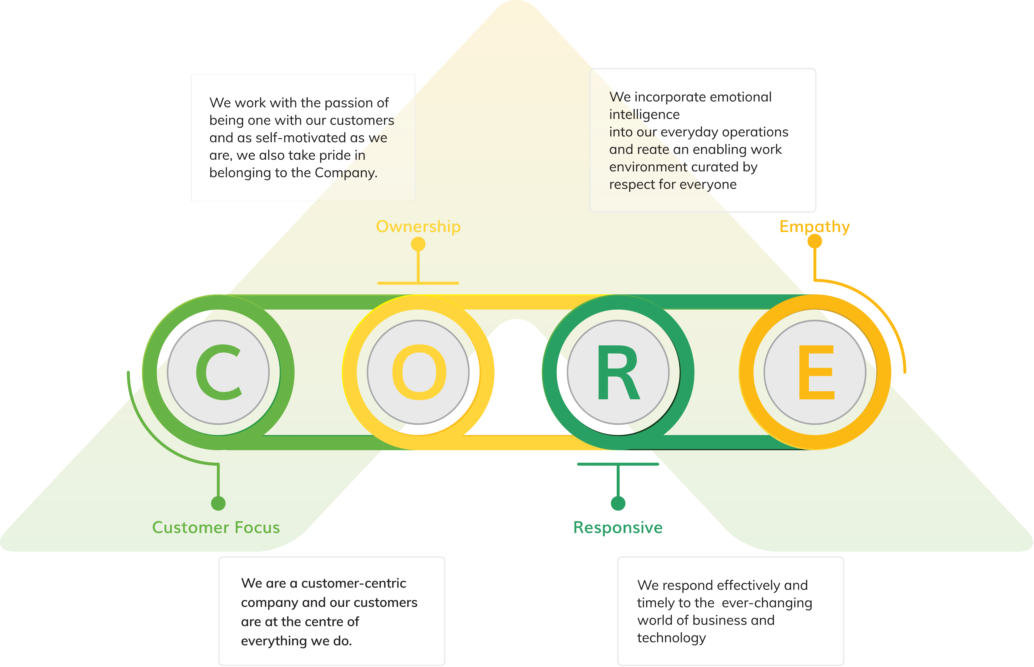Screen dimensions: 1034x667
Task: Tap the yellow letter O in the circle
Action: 419,372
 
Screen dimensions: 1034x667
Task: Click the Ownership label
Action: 418,226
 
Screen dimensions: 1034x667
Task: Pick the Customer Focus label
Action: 216,528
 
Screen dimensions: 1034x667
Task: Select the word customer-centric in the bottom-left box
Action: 354,583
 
